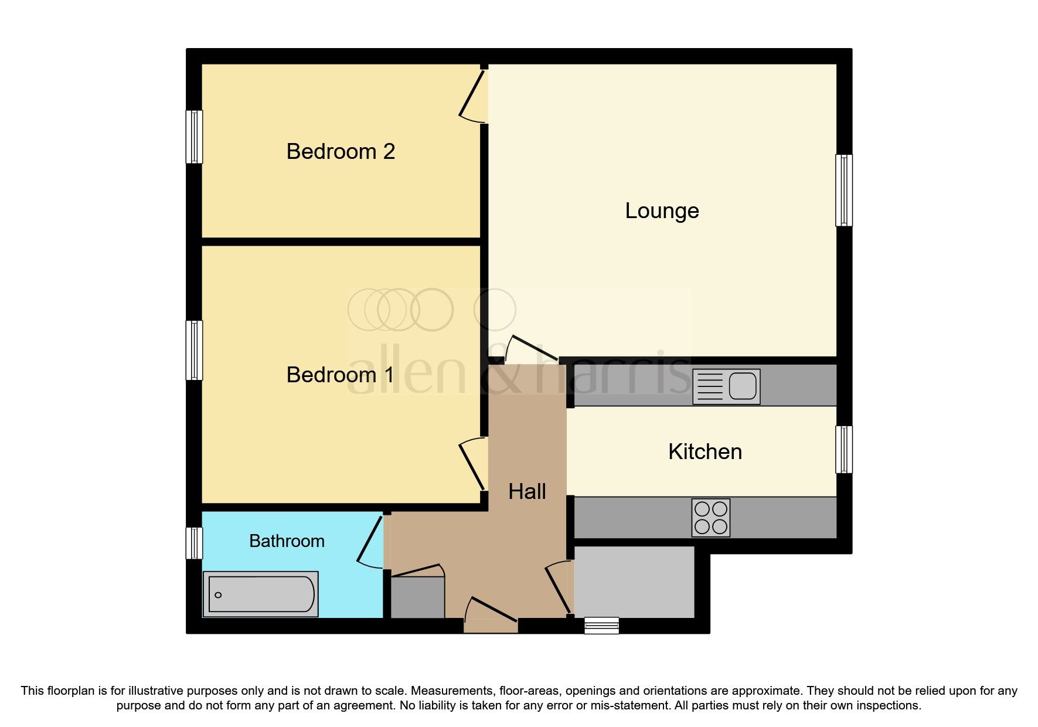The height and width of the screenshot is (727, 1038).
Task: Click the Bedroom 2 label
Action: coord(341,152)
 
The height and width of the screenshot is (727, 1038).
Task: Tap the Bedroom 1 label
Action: coord(339,375)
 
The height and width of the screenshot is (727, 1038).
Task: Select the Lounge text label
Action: coord(662,211)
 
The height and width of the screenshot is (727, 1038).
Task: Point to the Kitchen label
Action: coord(705,452)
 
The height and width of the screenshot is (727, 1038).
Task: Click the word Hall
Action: coord(527,492)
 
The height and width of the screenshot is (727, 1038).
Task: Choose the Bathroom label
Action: coord(287,541)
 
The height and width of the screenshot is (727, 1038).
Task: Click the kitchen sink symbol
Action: coord(726,386)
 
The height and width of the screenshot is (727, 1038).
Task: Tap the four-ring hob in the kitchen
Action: coord(711,518)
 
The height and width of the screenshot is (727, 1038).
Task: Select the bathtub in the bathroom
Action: coord(261,594)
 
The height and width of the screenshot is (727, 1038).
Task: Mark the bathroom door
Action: coord(370,541)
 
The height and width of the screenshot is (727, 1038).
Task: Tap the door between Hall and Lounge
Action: coord(531,349)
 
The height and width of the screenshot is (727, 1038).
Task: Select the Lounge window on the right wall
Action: coord(843,190)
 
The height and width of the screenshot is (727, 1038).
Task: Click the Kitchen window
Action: coord(843,449)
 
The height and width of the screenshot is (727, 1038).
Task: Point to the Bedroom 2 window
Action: coord(194,137)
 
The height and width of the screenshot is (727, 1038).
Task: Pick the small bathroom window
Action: coord(194,543)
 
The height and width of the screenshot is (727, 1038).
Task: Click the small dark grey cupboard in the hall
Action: coord(417,597)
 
